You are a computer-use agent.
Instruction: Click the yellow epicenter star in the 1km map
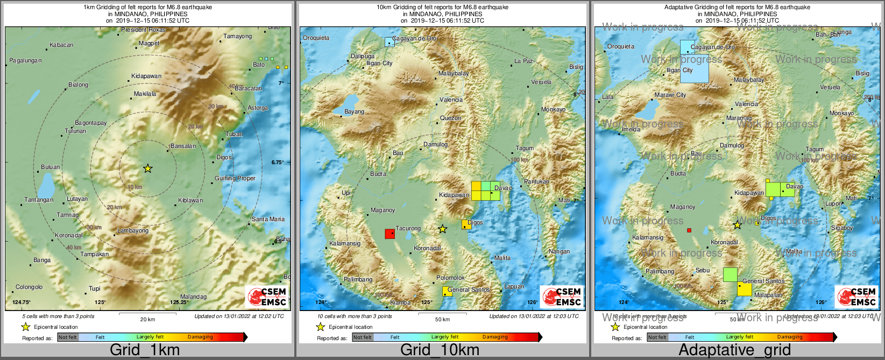(x=148, y=168)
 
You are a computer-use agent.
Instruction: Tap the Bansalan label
(x=183, y=146)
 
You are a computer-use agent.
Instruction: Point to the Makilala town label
(x=145, y=94)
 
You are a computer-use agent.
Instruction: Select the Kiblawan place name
(x=190, y=200)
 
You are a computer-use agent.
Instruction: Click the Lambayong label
(x=133, y=230)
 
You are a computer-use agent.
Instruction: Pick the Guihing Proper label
(x=235, y=178)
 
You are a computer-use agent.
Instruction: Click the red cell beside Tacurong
(x=390, y=234)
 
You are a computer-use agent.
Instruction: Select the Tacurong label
(x=408, y=228)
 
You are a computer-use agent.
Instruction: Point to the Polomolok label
(x=450, y=278)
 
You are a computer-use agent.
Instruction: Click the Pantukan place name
(x=536, y=181)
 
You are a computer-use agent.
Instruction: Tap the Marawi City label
(x=670, y=95)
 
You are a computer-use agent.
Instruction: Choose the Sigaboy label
(x=842, y=228)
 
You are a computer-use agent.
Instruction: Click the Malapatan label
(x=768, y=295)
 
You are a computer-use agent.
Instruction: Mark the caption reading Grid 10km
(x=440, y=350)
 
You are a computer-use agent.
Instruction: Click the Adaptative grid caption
(x=734, y=350)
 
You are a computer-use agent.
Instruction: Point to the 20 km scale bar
(x=147, y=315)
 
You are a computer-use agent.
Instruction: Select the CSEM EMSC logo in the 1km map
(x=267, y=297)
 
